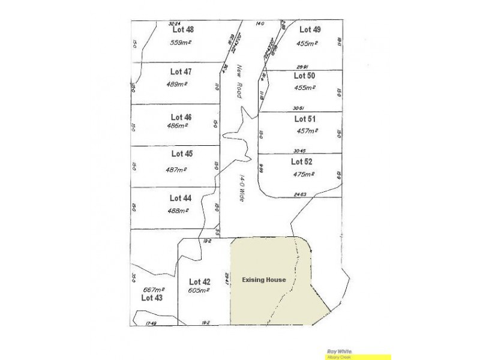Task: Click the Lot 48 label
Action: (x=182, y=29)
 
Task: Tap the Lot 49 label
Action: (x=310, y=29)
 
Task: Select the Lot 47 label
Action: (x=181, y=72)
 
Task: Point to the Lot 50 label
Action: (x=304, y=76)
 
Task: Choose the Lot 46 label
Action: (x=181, y=117)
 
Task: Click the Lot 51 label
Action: (x=305, y=119)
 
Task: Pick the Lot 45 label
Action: (x=181, y=154)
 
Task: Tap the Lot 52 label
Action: (x=302, y=161)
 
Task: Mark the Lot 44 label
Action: (x=180, y=197)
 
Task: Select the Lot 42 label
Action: (x=199, y=282)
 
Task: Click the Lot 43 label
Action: (x=152, y=297)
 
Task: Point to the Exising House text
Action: (x=263, y=280)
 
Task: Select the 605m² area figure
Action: (x=199, y=290)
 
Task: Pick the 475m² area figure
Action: (x=304, y=175)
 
